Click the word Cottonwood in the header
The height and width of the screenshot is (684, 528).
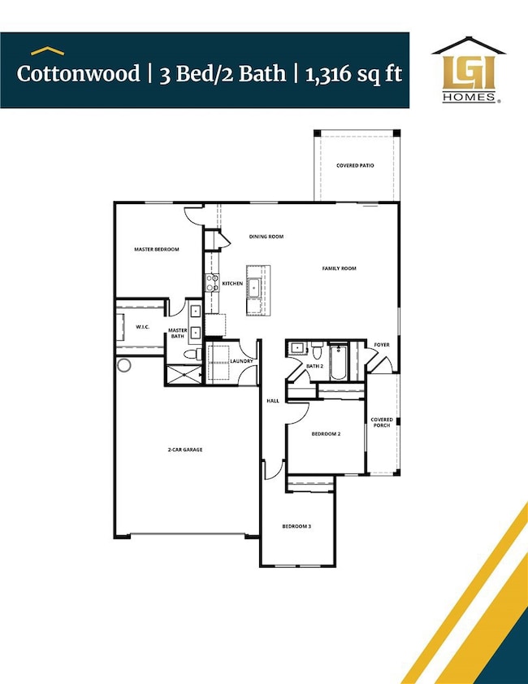point(69,73)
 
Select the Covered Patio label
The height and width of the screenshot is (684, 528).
point(355,165)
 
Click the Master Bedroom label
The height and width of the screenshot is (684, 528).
point(156,250)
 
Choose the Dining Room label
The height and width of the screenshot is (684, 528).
point(266,237)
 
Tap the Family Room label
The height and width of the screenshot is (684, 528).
point(339,268)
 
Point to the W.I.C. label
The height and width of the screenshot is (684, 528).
point(140,328)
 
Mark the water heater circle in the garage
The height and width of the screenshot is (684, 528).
point(124,366)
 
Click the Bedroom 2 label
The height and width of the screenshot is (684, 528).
point(326,434)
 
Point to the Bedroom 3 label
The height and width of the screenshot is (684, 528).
point(296,526)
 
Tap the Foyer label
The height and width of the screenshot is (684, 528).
point(382,345)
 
